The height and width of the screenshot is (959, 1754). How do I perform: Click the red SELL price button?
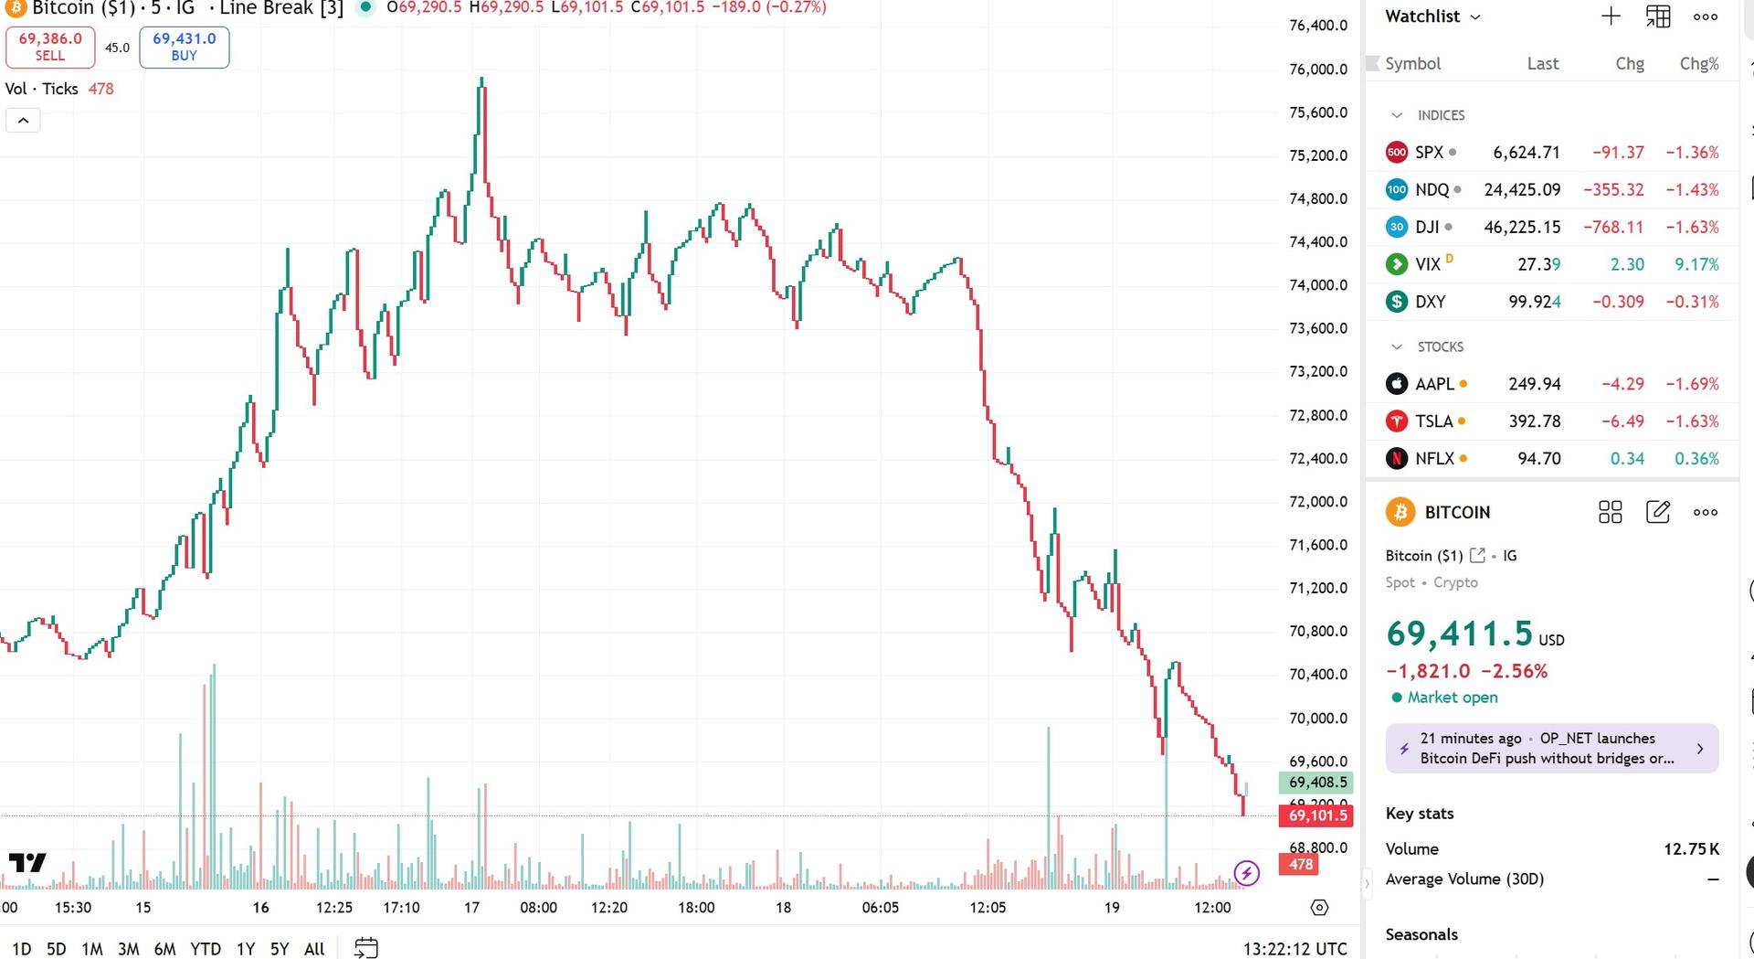click(50, 47)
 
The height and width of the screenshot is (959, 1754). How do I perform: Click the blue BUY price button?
click(184, 47)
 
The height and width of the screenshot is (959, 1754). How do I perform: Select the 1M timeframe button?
click(91, 949)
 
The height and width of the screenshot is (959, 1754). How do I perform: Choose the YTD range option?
click(206, 949)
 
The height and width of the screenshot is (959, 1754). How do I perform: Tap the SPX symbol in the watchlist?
click(1429, 153)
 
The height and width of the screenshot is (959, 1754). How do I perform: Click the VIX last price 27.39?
click(1538, 264)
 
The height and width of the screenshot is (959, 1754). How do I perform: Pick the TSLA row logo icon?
click(1397, 421)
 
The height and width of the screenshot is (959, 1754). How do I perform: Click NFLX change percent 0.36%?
click(1696, 459)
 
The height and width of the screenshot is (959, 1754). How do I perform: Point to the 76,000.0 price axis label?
click(1317, 69)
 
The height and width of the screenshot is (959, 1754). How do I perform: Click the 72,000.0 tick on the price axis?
click(1317, 502)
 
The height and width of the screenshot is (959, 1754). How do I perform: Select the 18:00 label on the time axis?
click(696, 908)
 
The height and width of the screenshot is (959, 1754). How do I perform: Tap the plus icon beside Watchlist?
click(1611, 16)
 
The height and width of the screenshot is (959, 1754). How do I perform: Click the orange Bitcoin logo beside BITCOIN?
click(1400, 512)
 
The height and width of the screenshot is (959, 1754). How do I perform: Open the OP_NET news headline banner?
click(1551, 749)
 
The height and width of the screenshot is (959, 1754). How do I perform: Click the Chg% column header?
click(1698, 64)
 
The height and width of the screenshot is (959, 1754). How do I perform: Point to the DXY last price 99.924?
click(1534, 302)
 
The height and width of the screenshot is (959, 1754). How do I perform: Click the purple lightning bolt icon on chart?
click(1246, 873)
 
